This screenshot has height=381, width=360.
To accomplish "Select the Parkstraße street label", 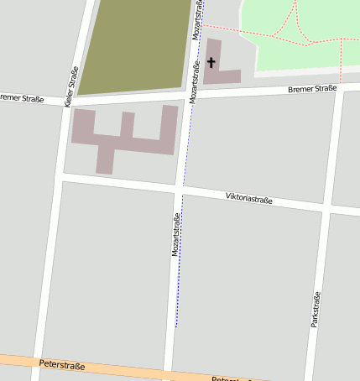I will (316, 309).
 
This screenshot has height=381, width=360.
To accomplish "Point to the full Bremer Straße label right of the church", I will (311, 88).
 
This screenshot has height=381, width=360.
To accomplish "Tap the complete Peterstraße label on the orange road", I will (62, 365).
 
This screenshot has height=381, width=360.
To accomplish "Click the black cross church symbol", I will (211, 62).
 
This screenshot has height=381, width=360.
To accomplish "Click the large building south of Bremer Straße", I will (126, 139).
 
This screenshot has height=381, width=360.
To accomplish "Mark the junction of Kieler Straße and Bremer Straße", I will (69, 101).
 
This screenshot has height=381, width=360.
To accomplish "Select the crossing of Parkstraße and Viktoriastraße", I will (327, 207).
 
